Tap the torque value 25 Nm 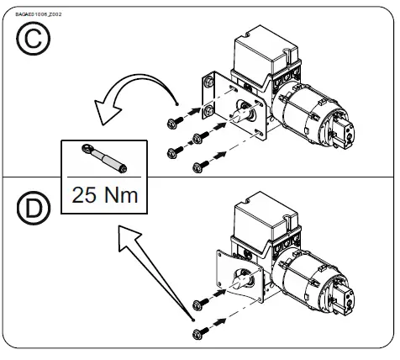(x=103, y=195)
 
